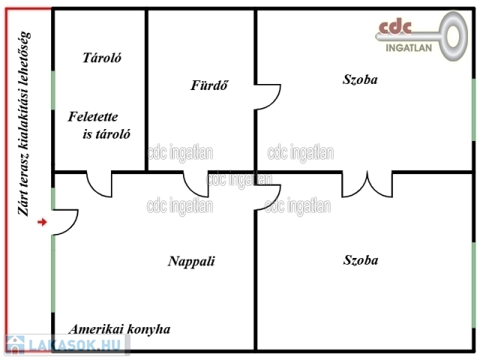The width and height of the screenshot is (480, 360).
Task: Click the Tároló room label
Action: coord(101,58)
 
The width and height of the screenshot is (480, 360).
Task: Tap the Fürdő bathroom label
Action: coord(208,85)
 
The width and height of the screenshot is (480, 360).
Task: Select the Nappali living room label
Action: coord(191,262)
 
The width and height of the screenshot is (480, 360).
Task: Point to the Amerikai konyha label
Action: coord(119,329)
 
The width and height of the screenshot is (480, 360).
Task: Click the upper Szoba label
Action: coord(360,79)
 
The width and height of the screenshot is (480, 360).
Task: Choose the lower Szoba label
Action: coord(360,260)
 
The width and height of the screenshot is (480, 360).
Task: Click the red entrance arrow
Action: coord(42,222)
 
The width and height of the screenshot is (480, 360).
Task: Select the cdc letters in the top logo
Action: coord(395,28)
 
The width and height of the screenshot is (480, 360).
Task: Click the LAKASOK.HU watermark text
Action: coord(72,346)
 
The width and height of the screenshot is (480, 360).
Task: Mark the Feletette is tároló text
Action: coord(100,126)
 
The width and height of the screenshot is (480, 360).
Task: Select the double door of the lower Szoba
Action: coord(367,182)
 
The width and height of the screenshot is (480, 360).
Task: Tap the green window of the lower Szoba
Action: coord(473,285)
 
